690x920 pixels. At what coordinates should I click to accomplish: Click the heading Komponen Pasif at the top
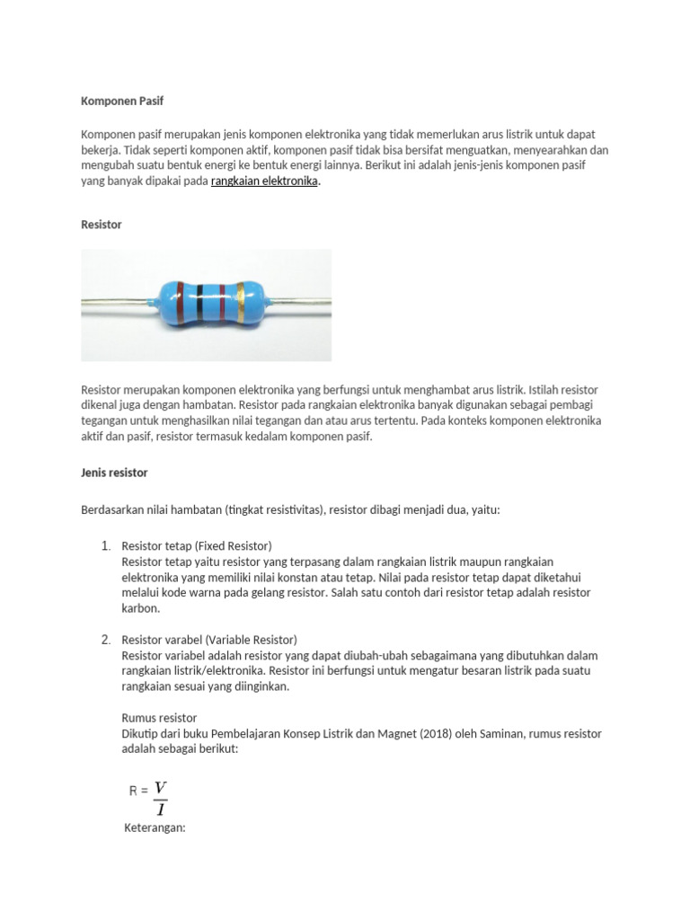tap(122, 102)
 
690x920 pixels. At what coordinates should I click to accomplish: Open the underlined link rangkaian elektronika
tap(264, 181)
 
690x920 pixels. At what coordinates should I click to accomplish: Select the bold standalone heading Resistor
tap(102, 225)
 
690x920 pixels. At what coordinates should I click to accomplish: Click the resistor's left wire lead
tap(117, 303)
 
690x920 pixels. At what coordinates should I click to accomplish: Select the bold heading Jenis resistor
tap(114, 472)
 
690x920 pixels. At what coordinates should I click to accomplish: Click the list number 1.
tap(104, 546)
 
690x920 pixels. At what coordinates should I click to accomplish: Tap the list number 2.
tap(104, 640)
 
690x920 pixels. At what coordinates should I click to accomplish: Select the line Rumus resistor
tap(159, 718)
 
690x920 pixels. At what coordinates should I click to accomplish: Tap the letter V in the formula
tap(161, 788)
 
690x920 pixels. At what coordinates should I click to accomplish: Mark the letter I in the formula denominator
tap(161, 809)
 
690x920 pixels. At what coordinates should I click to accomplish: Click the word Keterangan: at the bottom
tap(154, 827)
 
